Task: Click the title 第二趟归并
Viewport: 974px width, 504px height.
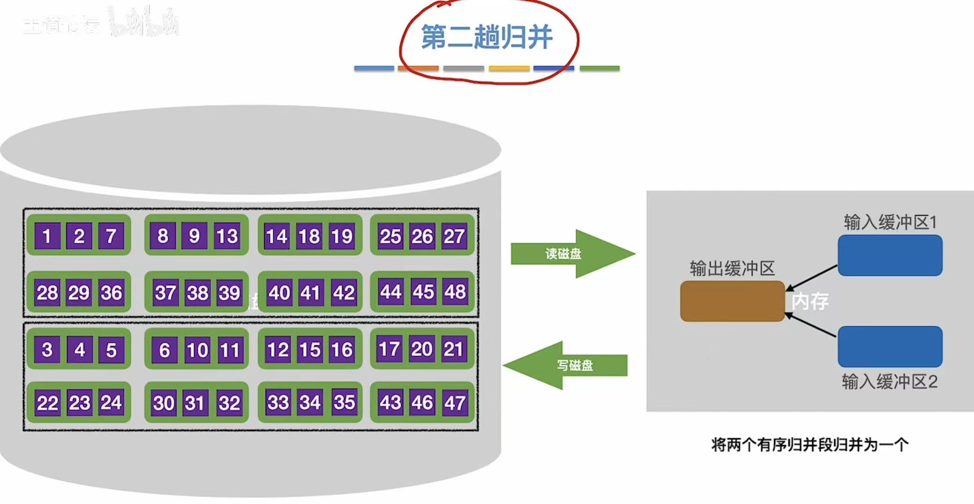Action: tap(487, 38)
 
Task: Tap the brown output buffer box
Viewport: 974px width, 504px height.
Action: tap(732, 301)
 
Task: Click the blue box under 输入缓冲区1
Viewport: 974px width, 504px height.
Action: tap(890, 256)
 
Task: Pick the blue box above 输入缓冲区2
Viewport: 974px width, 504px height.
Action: tap(890, 346)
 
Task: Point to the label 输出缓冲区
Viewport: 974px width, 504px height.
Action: tap(732, 269)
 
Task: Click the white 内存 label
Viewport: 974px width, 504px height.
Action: tap(809, 301)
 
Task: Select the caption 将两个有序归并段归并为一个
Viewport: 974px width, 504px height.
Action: tap(809, 444)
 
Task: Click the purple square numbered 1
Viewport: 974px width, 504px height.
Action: tap(47, 236)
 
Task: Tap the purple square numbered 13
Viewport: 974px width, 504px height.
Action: tap(227, 236)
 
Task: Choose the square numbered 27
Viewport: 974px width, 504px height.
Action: tap(454, 236)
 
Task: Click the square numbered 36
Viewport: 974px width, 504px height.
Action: tap(111, 293)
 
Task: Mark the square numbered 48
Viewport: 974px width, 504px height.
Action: tap(455, 292)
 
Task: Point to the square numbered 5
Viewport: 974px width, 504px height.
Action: tap(111, 350)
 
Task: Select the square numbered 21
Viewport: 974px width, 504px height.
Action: tap(453, 349)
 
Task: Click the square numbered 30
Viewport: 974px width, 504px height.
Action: tap(164, 403)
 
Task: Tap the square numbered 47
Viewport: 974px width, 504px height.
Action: tap(455, 403)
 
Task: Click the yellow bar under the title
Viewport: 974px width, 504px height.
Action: tap(509, 68)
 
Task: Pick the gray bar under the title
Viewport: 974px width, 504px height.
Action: tap(464, 68)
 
